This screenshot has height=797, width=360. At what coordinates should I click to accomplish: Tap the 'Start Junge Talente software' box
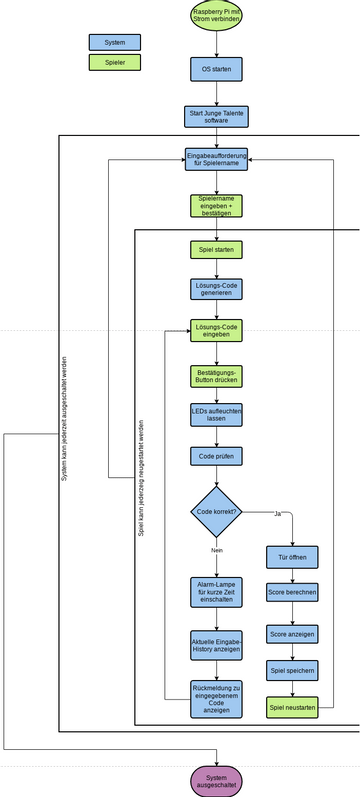click(x=216, y=117)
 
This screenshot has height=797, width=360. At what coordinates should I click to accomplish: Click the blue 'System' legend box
click(x=115, y=42)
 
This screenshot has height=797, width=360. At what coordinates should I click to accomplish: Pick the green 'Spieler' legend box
click(x=115, y=62)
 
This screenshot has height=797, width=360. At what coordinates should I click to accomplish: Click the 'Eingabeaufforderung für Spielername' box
click(x=216, y=160)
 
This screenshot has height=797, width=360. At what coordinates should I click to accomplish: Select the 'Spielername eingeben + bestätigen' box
click(x=216, y=206)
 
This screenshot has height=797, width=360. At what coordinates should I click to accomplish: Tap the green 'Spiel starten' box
click(x=216, y=248)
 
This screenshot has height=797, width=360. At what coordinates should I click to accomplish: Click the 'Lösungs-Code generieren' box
click(x=216, y=289)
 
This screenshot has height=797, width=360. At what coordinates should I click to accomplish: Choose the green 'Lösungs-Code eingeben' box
click(x=216, y=331)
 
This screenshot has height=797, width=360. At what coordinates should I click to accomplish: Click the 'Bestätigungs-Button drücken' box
click(x=216, y=376)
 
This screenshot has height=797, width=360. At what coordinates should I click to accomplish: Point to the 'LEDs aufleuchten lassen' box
click(x=216, y=415)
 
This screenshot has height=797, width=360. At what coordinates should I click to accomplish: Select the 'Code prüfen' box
click(x=216, y=456)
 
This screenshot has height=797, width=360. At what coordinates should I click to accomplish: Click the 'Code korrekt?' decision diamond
click(x=216, y=511)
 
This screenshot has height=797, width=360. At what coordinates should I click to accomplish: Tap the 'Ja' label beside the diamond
click(x=276, y=513)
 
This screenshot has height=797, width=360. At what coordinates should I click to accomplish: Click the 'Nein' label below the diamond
click(x=216, y=550)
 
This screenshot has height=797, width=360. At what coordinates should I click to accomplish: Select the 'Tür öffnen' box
click(x=292, y=556)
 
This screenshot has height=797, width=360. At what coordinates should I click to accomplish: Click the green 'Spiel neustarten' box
click(x=292, y=708)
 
